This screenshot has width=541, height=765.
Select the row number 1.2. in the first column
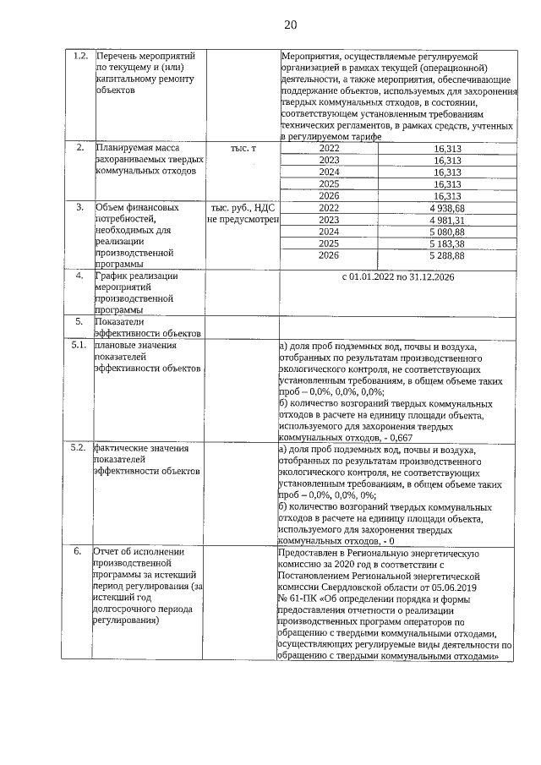(80, 57)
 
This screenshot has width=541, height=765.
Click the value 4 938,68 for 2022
(447, 208)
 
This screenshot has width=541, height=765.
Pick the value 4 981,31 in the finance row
(447, 220)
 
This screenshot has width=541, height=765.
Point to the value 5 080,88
(447, 232)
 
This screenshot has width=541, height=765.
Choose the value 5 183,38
(447, 243)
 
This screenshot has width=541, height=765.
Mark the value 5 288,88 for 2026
(447, 255)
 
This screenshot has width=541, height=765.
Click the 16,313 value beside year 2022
(447, 148)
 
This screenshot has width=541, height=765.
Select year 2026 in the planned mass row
(329, 195)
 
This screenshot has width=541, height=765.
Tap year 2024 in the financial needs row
(329, 232)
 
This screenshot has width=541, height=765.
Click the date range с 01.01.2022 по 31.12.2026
(397, 276)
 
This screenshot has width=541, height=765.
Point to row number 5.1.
(79, 346)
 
